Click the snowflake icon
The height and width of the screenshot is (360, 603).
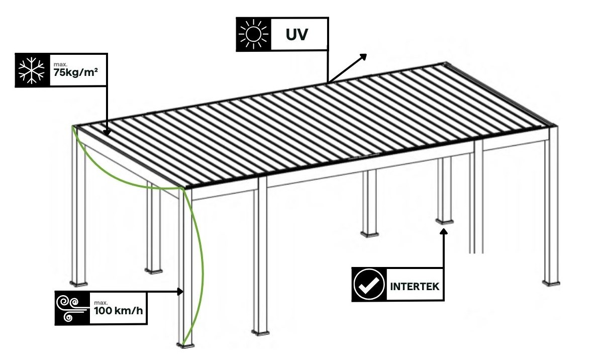32,70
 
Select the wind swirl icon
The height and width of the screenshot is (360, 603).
71,309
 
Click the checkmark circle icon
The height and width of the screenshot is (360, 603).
369,285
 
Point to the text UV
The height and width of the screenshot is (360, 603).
296,35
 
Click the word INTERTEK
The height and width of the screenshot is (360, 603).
415,287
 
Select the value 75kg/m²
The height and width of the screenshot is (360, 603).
76,72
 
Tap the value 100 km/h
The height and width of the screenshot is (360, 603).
119,311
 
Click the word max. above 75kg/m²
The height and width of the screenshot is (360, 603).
60,64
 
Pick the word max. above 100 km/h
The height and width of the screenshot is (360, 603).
100,303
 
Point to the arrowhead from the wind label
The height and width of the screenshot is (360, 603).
180,292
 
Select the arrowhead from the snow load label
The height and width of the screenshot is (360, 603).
107,132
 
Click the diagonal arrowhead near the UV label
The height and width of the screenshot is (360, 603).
363,56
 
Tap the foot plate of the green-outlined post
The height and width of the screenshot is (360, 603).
185,345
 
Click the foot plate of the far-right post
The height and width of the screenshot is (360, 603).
551,283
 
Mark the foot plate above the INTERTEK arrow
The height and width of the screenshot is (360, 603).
444,222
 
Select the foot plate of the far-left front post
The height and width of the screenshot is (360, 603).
78,283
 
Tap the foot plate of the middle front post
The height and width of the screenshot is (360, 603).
260,332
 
